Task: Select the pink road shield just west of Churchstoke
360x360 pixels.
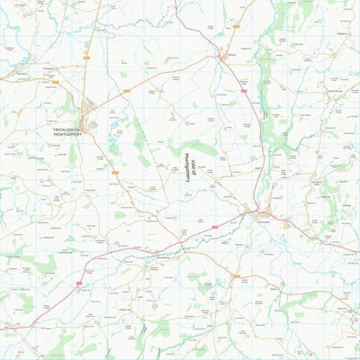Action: click(215, 226)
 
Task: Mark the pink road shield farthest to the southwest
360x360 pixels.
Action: click(79, 284)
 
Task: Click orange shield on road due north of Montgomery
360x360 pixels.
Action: click(86, 58)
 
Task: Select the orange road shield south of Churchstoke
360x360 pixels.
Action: click(236, 275)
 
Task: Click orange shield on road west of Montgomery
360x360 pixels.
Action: click(54, 83)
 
